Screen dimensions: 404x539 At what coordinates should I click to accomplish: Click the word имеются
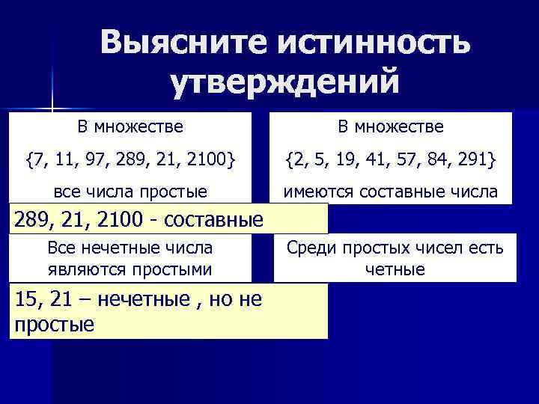pos(314,192)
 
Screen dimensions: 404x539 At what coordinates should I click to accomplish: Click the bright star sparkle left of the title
pos(52,105)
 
